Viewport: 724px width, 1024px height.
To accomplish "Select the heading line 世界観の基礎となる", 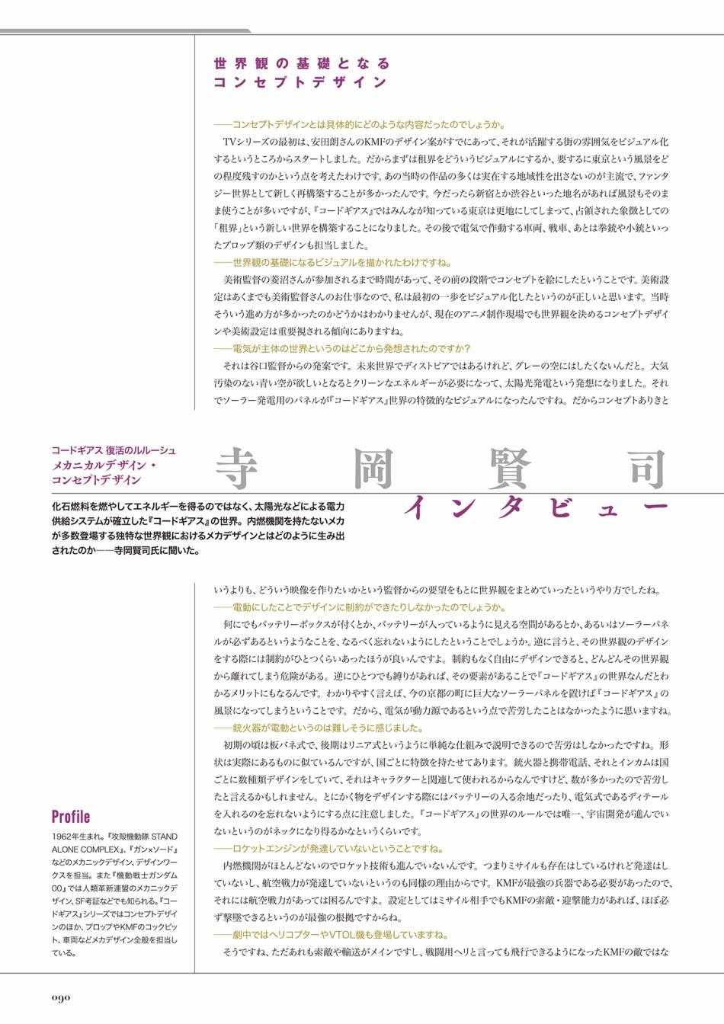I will pos(302,63).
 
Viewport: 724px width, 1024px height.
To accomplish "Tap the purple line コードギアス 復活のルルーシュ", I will pos(113,450).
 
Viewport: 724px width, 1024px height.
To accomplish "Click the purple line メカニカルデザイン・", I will pos(103,466).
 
